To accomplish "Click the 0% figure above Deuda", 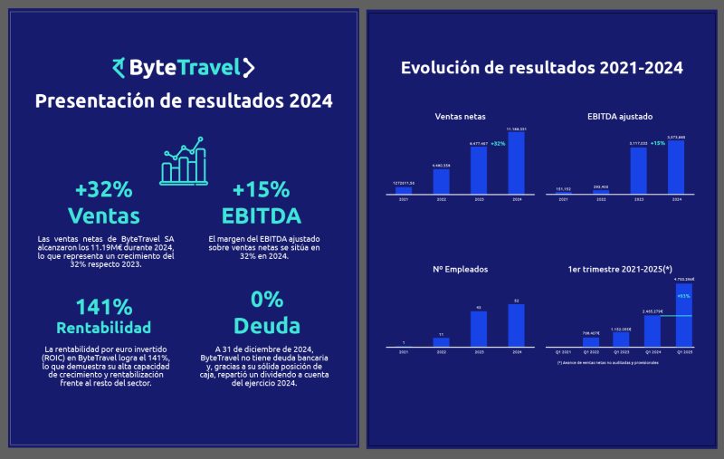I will tap(261, 300).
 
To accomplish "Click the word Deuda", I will tap(261, 325).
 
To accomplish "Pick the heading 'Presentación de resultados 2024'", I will tap(183, 100).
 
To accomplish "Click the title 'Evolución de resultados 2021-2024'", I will tap(541, 68).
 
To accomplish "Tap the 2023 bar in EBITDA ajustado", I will tap(638, 171).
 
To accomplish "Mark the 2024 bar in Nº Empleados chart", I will tap(516, 325).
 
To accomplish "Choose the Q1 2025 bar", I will tap(684, 316).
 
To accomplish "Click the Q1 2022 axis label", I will tap(591, 351).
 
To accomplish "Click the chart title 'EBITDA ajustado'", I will tap(620, 117).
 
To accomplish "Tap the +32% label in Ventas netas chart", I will tap(498, 143).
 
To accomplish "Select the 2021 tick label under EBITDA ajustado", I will tap(564, 198).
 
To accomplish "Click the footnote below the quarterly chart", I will tap(607, 362).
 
